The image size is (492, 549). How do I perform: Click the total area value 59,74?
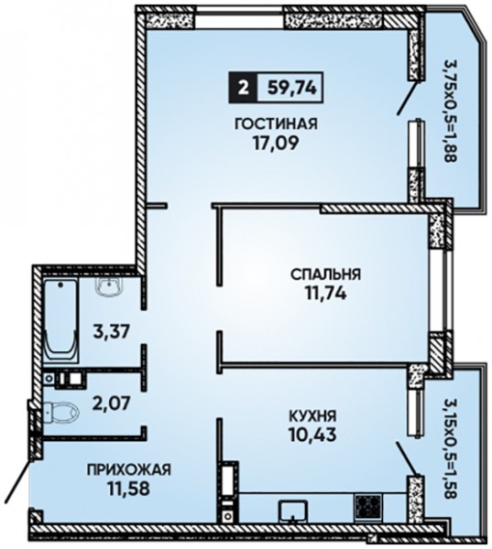tap(291, 88)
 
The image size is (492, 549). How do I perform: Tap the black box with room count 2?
tap(243, 88)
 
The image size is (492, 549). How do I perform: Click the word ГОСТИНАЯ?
tap(276, 124)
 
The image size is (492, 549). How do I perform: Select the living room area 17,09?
tap(276, 143)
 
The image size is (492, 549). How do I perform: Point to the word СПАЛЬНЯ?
tap(326, 274)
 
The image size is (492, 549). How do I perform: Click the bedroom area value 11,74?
tap(326, 294)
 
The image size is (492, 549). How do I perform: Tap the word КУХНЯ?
tap(312, 416)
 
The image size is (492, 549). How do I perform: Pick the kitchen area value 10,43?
tap(312, 436)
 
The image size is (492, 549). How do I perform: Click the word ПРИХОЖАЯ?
tap(129, 469)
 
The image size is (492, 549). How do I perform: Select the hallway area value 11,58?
tap(129, 489)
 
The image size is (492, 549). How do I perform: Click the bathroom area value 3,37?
tap(112, 331)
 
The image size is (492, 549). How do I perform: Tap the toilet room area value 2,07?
tap(111, 404)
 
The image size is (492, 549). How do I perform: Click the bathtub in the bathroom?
tap(61, 319)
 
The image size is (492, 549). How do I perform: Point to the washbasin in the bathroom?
tap(108, 286)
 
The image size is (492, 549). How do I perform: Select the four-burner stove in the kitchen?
tap(367, 506)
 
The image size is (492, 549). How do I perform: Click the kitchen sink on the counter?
tap(293, 511)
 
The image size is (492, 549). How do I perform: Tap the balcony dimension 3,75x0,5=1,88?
tap(450, 111)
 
